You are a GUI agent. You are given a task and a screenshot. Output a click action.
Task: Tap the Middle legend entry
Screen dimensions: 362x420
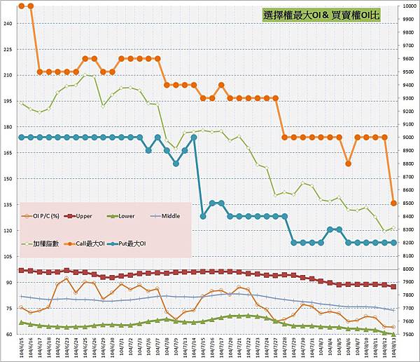click(x=168, y=216)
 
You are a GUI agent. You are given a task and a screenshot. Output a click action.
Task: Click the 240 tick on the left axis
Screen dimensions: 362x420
click(x=8, y=23)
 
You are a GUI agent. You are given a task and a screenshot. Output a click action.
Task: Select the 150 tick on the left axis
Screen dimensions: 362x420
click(x=8, y=178)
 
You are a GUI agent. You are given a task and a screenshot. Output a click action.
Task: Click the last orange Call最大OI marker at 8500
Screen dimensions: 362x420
click(x=393, y=203)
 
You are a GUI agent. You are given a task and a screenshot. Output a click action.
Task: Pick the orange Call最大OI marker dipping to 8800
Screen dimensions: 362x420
click(x=348, y=163)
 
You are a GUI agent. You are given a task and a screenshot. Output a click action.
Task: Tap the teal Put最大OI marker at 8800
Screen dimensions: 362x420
click(x=176, y=163)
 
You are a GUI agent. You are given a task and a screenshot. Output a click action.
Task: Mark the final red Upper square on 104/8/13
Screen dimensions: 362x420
click(x=393, y=287)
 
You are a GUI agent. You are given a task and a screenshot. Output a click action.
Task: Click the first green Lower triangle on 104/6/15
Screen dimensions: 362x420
click(x=22, y=323)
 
